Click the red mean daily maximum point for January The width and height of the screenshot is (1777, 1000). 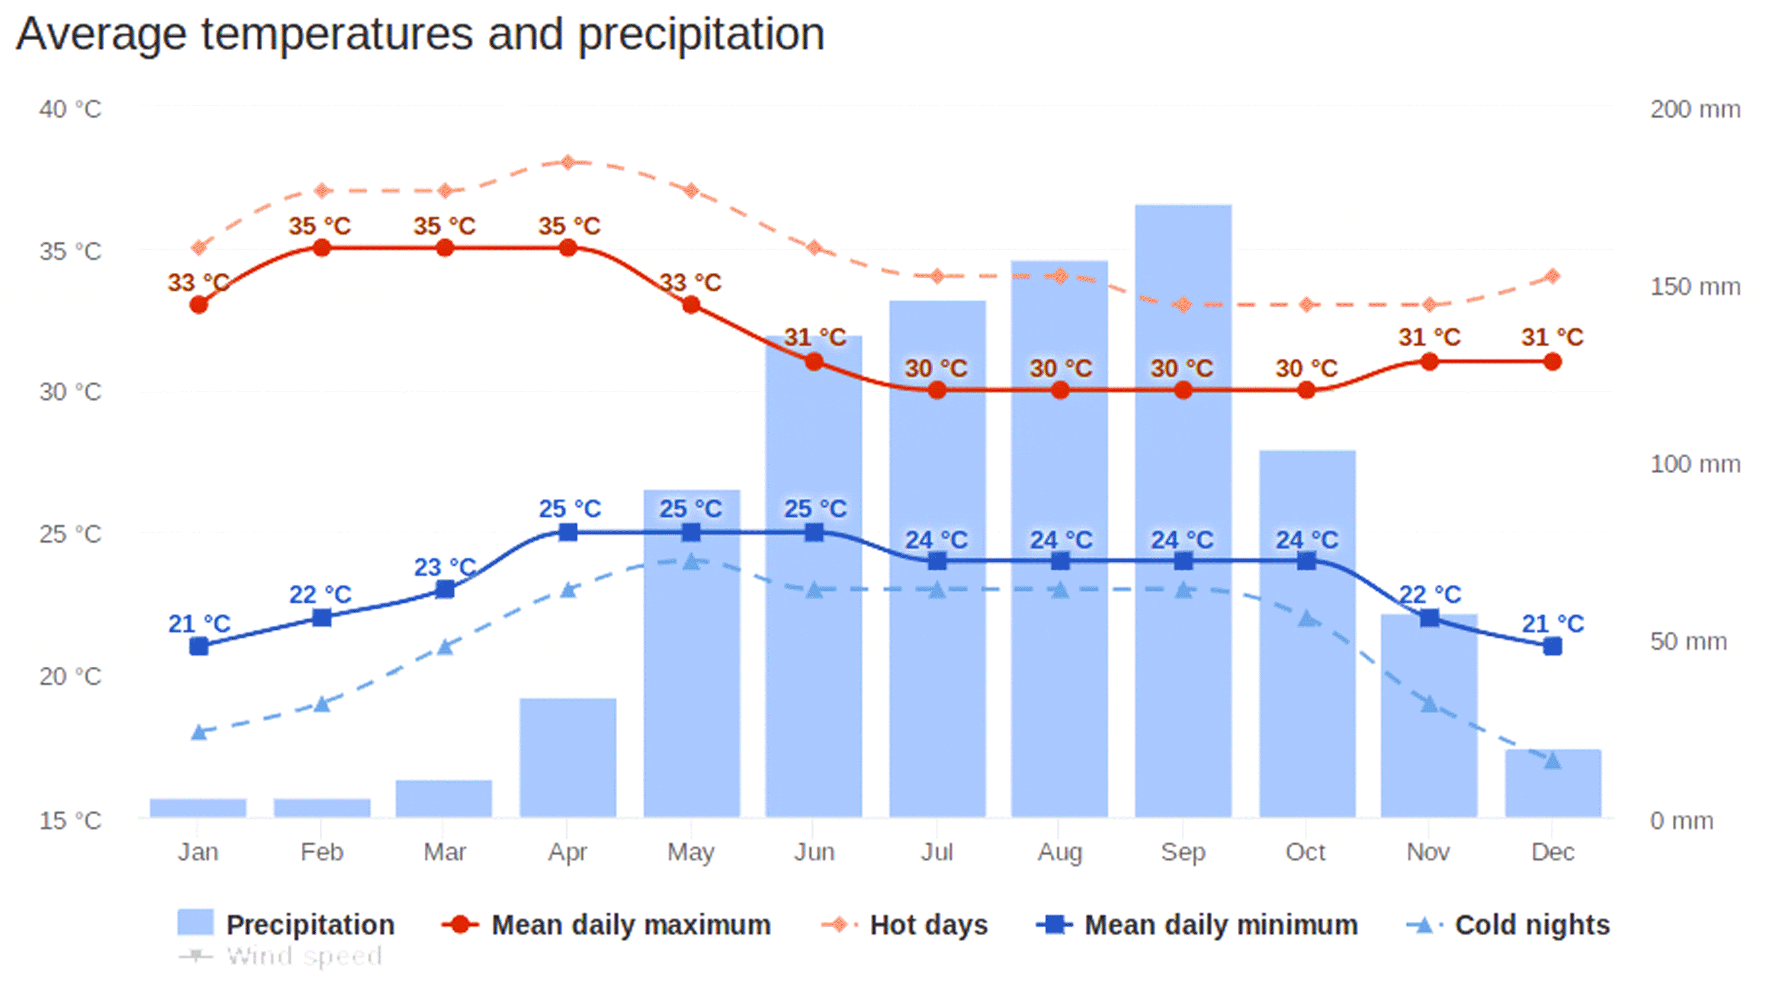tap(198, 305)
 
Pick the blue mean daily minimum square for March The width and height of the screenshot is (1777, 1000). tap(445, 590)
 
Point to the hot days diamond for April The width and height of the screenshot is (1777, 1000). tap(567, 163)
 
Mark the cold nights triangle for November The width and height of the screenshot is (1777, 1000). tap(1429, 704)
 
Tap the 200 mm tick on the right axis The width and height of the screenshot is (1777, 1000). tap(1695, 109)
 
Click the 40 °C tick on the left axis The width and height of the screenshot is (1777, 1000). tap(70, 109)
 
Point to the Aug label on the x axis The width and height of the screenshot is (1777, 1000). tap(1060, 853)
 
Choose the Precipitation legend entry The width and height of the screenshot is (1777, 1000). tap(286, 925)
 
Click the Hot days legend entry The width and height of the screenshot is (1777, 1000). tap(904, 925)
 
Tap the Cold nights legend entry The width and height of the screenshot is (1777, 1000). tap(1508, 925)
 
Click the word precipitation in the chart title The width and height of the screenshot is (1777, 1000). tap(700, 34)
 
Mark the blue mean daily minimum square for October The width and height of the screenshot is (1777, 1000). tap(1306, 561)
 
